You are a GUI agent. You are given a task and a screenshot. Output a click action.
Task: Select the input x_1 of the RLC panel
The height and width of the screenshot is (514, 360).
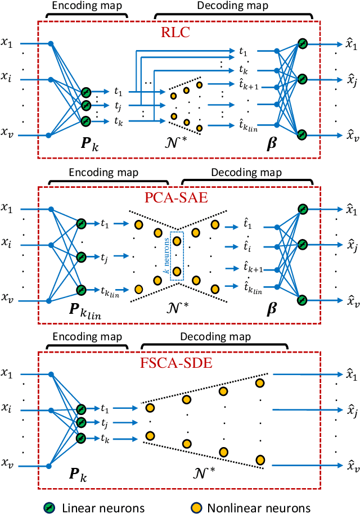point(12,43)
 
